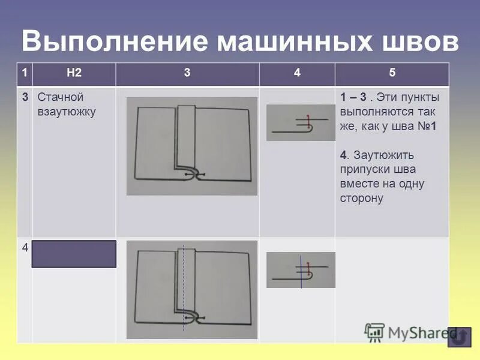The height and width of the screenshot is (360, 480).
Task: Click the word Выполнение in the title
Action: click(x=114, y=41)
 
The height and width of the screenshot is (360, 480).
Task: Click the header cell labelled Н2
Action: click(x=74, y=73)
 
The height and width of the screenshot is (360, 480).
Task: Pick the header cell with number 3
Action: click(x=187, y=73)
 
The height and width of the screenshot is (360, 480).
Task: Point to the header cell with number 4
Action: click(x=297, y=73)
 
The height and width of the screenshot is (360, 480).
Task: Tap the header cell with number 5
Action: click(x=392, y=73)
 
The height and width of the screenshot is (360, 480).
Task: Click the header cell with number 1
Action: click(x=25, y=73)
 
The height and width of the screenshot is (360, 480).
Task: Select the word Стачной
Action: click(x=60, y=97)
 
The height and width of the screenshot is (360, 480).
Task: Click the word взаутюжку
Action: click(x=67, y=112)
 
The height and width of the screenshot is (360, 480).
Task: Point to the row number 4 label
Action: click(x=25, y=247)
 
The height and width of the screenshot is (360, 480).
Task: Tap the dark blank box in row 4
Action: click(x=74, y=253)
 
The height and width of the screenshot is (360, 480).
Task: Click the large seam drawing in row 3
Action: click(x=192, y=146)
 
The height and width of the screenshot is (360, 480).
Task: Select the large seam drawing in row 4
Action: click(x=192, y=290)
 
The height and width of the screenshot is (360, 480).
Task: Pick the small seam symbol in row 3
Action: click(x=301, y=123)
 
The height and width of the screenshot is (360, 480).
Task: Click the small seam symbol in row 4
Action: click(x=301, y=269)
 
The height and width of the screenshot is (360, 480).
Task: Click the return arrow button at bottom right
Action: click(x=460, y=337)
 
